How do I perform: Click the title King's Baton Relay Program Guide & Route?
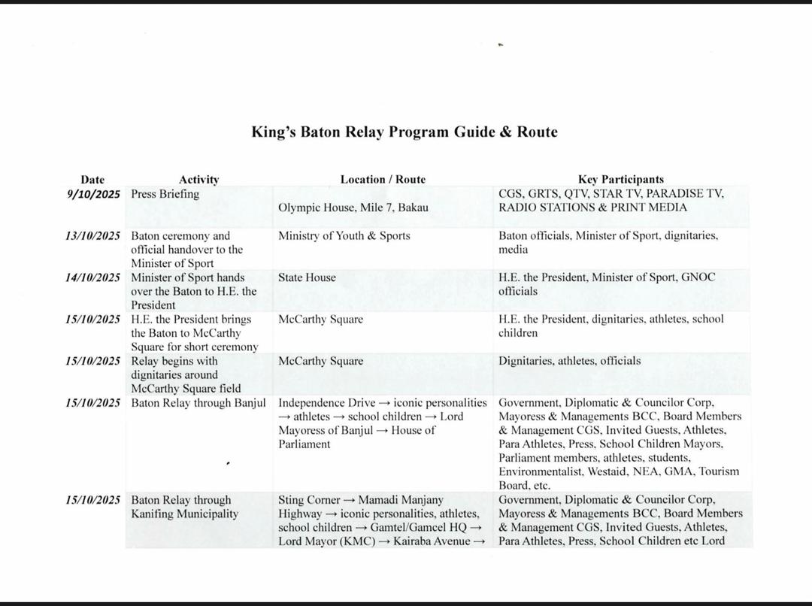(x=404, y=132)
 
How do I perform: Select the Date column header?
(x=92, y=180)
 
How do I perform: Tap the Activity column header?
(x=198, y=180)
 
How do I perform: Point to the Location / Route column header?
(x=383, y=180)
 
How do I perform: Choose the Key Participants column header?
(x=620, y=180)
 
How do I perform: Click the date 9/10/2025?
(x=94, y=194)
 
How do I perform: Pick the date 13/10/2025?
(x=92, y=236)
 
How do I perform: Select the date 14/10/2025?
(x=92, y=277)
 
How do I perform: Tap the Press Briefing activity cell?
(x=165, y=194)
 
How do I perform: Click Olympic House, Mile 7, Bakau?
(x=353, y=208)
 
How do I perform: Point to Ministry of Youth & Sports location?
(x=344, y=236)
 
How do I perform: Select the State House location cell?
(x=307, y=277)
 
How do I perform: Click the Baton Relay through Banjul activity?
(x=198, y=403)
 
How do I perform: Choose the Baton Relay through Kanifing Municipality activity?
(x=185, y=507)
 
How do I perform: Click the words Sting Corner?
(x=309, y=500)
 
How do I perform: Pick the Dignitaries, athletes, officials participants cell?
(x=569, y=361)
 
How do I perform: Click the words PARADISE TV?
(x=685, y=194)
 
